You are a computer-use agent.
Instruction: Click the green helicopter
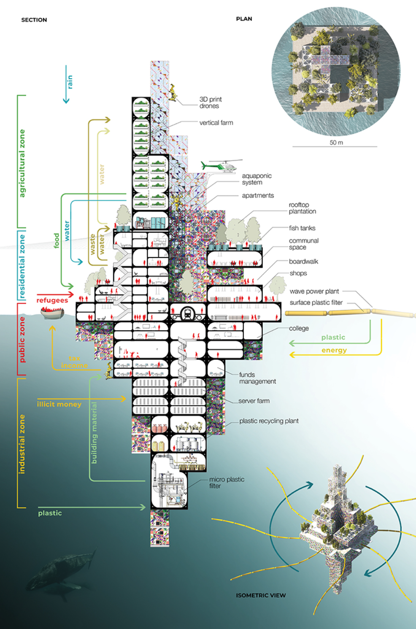(222, 166)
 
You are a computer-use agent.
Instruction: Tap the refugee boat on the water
(52, 313)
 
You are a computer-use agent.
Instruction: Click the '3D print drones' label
(211, 103)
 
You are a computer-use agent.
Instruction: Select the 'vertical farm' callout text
(216, 123)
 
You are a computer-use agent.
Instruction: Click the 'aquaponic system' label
(257, 179)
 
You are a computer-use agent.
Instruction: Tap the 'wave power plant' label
(314, 291)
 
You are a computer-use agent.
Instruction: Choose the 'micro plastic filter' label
(227, 483)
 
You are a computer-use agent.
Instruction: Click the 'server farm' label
(254, 401)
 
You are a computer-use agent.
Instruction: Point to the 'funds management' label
(257, 378)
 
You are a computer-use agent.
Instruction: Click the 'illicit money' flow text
(59, 404)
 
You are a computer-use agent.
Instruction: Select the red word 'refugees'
(52, 300)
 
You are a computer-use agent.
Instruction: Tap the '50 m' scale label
(336, 142)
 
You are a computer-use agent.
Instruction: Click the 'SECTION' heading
(34, 20)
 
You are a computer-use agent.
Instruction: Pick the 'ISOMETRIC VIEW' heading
(261, 595)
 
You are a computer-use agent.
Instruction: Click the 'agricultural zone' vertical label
(22, 163)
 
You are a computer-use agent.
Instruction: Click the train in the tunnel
(187, 313)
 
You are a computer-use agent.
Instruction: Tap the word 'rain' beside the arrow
(70, 82)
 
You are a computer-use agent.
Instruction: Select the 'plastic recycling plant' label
(268, 421)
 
